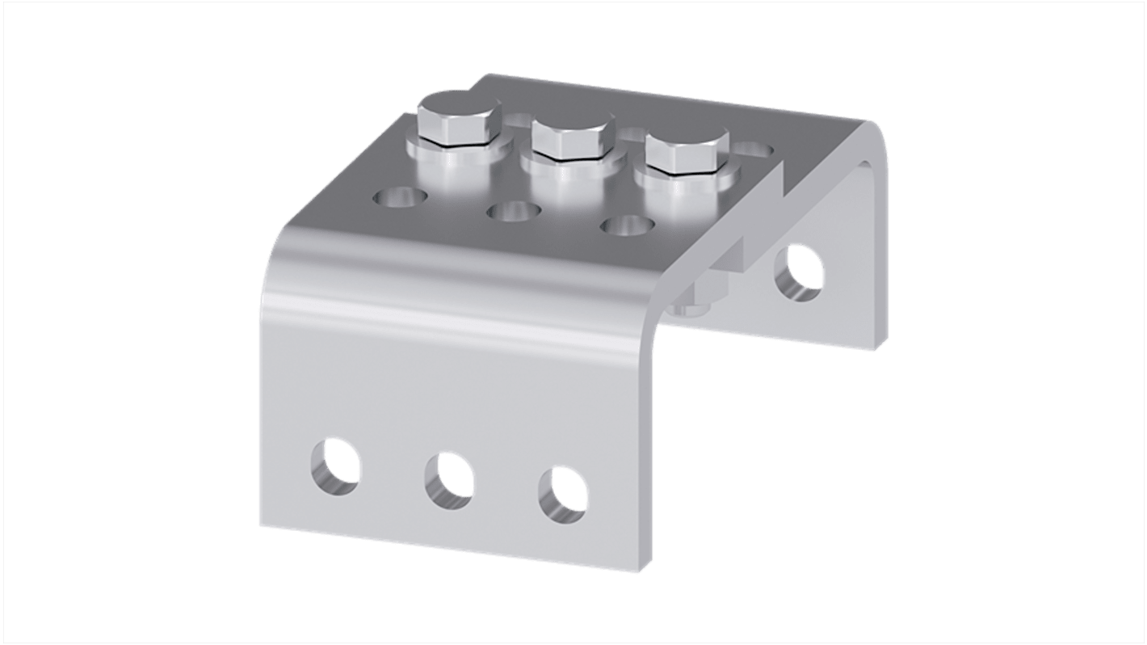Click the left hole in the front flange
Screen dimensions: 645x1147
pos(335,466)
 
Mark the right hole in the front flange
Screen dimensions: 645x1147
pos(564,495)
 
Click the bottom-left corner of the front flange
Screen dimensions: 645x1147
pos(261,527)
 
